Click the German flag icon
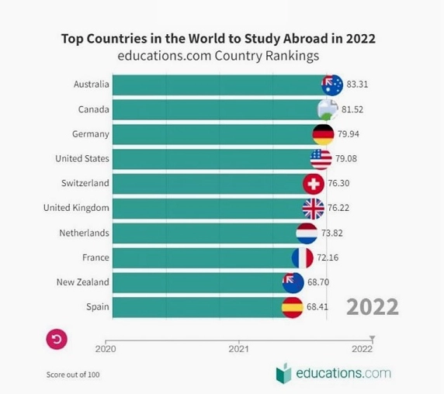point(323,134)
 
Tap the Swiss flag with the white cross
point(314,184)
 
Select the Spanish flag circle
point(292,307)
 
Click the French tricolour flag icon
point(303,258)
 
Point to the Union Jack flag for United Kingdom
point(313,209)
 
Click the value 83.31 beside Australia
point(357,85)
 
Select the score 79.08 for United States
point(346,159)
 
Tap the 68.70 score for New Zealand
point(318,282)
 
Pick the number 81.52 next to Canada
point(352,109)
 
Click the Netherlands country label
point(84,233)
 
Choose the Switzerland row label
point(85,183)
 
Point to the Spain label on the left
point(98,307)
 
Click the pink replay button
point(57,339)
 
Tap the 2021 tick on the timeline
point(239,342)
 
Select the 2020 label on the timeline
point(106,349)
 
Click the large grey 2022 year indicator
point(373,307)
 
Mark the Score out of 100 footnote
point(73,375)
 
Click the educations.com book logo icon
point(284,373)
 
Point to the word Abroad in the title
point(305,39)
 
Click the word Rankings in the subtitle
point(292,56)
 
